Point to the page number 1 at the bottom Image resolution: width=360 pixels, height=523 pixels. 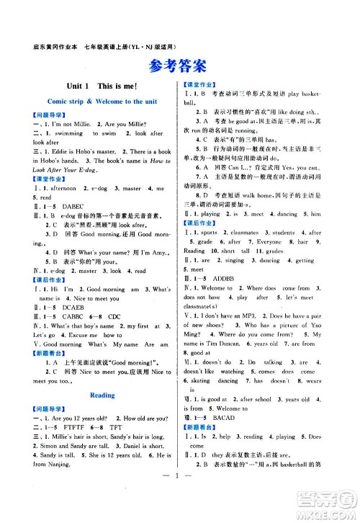pos(179,498)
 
